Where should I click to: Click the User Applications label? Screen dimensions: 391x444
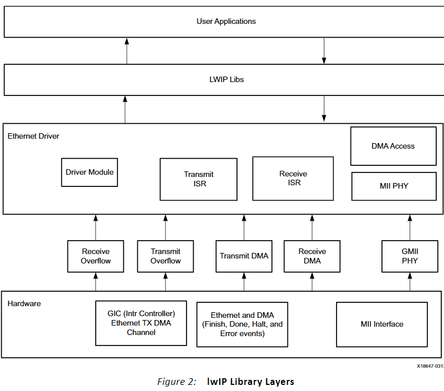point(226,21)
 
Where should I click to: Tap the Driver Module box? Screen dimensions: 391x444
point(89,172)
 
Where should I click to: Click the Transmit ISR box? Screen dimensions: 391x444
point(199,179)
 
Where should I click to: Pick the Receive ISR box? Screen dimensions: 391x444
point(293,178)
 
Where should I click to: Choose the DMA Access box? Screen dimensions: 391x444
point(393,146)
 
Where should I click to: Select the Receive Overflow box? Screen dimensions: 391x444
point(96,256)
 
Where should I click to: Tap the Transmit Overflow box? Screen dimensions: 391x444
point(166,256)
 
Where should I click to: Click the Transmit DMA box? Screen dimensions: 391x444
point(244,256)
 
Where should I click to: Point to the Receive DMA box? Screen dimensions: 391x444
point(312,256)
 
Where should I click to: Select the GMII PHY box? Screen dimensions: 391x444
point(410,256)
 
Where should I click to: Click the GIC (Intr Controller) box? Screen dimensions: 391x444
point(141,323)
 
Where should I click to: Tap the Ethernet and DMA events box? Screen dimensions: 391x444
point(242,324)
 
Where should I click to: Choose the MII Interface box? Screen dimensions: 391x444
point(381,324)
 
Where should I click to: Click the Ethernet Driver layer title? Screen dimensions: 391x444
point(33,136)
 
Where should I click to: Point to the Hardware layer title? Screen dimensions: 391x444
point(24,303)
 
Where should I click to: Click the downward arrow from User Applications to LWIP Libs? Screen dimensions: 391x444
point(324,51)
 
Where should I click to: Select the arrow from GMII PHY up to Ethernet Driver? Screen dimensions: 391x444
point(410,227)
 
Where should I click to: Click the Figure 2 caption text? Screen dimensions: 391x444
point(226,382)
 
